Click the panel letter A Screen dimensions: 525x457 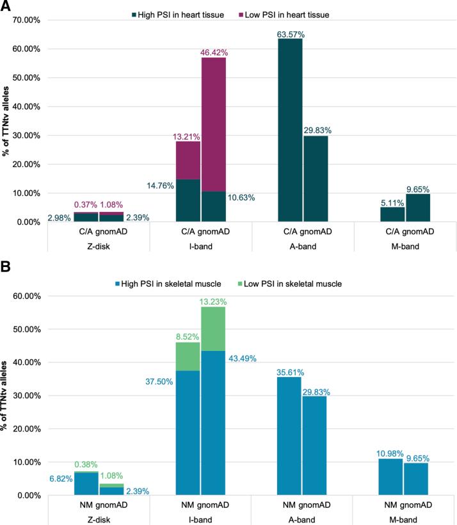click(6, 6)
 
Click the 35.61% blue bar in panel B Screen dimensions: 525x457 click(290, 436)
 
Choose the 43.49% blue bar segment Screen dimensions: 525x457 click(214, 423)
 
